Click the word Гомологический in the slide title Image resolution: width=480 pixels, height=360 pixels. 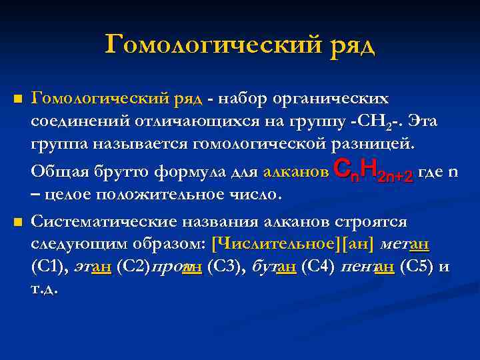point(211,45)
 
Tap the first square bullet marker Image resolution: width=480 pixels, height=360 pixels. point(18,100)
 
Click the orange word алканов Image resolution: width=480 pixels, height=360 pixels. point(295,173)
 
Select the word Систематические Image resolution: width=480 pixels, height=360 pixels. point(97,221)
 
